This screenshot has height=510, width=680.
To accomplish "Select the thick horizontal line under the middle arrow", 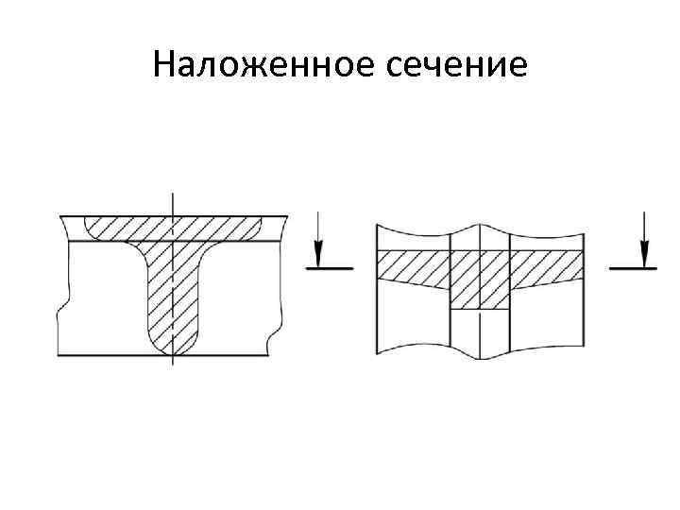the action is [x=330, y=268].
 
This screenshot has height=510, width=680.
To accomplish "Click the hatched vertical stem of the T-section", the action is [x=173, y=293].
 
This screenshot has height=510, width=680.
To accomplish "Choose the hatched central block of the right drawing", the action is [x=480, y=280].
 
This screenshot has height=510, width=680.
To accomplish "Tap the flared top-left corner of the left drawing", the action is [x=65, y=228].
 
